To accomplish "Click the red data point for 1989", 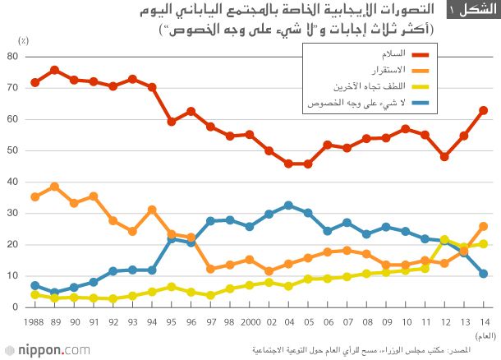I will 54,70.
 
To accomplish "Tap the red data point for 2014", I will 484,110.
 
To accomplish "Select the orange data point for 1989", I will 54,187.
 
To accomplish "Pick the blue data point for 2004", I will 288,205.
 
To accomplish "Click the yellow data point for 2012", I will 444,239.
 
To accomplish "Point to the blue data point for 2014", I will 484,274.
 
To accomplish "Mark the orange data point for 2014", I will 484,226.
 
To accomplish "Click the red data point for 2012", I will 444,157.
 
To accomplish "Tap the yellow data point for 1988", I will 34,294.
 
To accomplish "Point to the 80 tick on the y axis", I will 12,56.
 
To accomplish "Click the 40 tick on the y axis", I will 12,182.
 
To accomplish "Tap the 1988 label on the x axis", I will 34,322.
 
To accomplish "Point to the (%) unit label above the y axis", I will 24,40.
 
